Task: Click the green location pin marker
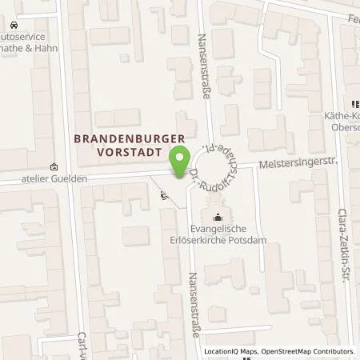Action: coord(183,155)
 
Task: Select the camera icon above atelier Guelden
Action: coord(54,167)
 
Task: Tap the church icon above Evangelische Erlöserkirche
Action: coord(218,215)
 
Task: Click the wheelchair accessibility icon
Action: coord(166,194)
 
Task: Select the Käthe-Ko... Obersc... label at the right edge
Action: coord(342,122)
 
